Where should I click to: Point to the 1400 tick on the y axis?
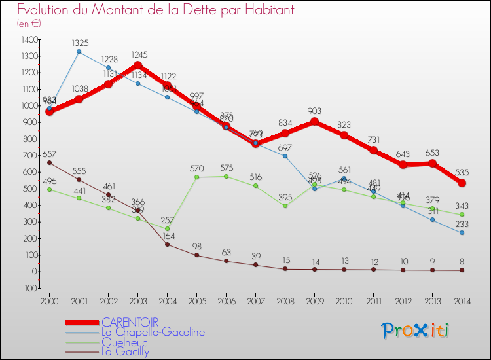[29, 40]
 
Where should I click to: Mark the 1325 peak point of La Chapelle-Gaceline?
[79, 52]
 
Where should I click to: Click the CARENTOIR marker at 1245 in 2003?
[137, 65]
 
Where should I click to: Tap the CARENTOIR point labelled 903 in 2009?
[314, 122]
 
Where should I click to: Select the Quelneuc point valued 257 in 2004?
[167, 229]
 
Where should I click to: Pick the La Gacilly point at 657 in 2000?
[49, 162]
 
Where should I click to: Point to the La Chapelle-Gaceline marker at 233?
[462, 233]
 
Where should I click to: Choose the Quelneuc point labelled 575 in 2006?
[226, 176]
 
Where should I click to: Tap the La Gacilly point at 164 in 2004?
[167, 244]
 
